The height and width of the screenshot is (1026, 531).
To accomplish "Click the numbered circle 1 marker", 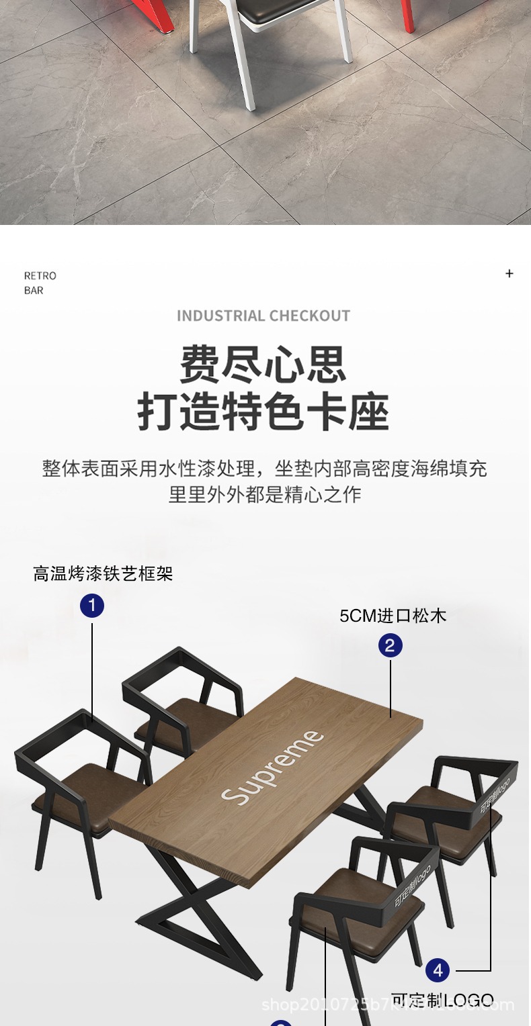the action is pos(92,606).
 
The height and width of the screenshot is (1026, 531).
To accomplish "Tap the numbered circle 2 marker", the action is pos(391,646).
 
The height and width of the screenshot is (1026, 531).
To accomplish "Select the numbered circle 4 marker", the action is pos(438,970).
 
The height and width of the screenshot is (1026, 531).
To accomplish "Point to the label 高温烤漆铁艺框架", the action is pos(103,573).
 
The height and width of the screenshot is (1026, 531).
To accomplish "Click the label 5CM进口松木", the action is pos(393,616).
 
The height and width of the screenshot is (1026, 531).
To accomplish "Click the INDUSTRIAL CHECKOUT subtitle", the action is pos(263,316).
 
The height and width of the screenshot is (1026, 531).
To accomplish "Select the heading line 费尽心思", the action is pos(263,365).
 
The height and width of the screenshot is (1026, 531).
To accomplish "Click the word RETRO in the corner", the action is pos(40,276).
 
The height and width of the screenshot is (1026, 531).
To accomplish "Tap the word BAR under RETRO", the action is pos(34,291).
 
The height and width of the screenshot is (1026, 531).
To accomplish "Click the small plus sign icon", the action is pos(509,273).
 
